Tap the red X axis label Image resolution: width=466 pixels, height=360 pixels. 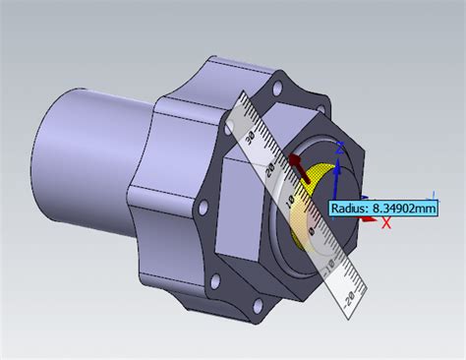pyautogui.click(x=386, y=223)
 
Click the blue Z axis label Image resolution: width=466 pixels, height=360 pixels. pyautogui.click(x=339, y=147)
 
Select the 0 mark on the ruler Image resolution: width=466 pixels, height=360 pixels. pyautogui.click(x=314, y=232)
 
